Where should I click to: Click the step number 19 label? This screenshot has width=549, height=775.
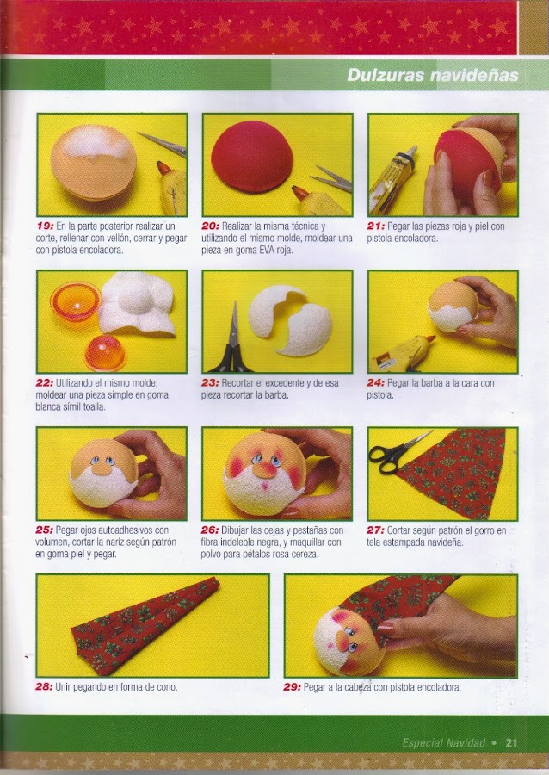pyautogui.click(x=45, y=226)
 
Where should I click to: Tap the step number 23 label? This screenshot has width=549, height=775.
pyautogui.click(x=210, y=383)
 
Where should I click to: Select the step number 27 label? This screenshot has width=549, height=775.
pyautogui.click(x=375, y=530)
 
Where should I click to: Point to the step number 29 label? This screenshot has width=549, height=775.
pyautogui.click(x=292, y=687)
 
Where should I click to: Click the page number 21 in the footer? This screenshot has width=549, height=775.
pyautogui.click(x=511, y=743)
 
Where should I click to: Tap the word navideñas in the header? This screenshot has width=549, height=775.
pyautogui.click(x=474, y=76)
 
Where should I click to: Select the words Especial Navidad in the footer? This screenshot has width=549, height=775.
pyautogui.click(x=443, y=743)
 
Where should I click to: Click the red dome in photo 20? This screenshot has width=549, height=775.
pyautogui.click(x=252, y=156)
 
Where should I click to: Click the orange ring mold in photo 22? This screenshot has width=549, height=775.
pyautogui.click(x=76, y=301)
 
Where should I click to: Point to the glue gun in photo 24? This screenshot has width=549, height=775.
pyautogui.click(x=403, y=353)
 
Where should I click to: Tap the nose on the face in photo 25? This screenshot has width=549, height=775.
pyautogui.click(x=102, y=468)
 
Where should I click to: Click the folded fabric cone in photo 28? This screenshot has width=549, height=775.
pyautogui.click(x=145, y=625)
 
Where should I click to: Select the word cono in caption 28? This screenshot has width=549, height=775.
pyautogui.click(x=167, y=687)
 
